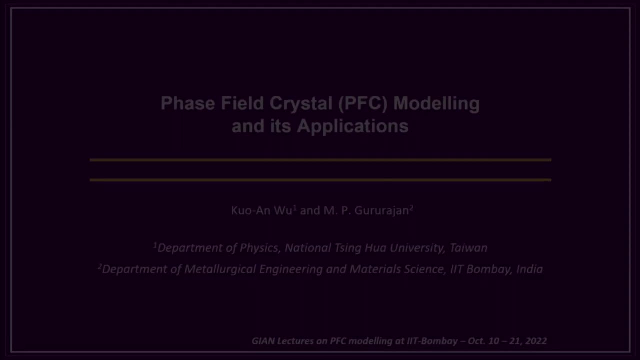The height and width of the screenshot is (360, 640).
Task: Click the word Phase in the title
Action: click(188, 103)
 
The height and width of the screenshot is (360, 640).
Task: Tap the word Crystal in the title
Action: click(301, 103)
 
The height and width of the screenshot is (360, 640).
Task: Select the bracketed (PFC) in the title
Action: click(363, 103)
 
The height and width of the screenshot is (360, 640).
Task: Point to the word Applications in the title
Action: click(353, 126)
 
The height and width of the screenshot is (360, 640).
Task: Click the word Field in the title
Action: click(242, 103)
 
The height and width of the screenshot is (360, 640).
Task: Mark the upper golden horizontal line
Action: click(320, 160)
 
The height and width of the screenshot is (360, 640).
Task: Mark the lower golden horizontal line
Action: click(320, 180)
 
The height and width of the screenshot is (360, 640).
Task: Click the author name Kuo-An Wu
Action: click(261, 210)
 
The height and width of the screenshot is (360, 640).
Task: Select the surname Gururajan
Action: click(382, 210)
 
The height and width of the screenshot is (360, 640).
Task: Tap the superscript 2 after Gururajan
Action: click(411, 207)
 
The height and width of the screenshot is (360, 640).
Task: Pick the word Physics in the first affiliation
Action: click(259, 248)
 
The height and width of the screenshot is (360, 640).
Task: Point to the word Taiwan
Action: click(468, 248)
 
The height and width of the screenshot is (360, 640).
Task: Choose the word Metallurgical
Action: click(220, 269)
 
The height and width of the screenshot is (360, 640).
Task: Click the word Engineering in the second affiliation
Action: click(290, 269)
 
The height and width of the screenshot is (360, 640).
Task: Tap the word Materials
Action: click(370, 269)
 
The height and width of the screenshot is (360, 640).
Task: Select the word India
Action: click(529, 269)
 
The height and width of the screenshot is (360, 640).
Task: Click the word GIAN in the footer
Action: click(263, 341)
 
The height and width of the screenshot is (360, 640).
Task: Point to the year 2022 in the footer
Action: click(536, 341)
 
